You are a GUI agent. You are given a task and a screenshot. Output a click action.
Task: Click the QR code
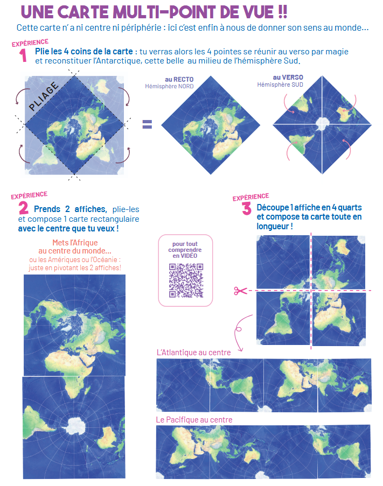[186, 280]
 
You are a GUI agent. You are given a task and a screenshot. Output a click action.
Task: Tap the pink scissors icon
[240, 291]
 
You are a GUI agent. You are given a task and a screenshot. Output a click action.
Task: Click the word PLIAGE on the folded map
[44, 96]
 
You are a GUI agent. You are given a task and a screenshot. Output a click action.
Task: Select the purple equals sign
[147, 124]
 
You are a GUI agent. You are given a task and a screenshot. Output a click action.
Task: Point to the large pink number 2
[23, 208]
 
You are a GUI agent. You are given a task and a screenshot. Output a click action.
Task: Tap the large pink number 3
[247, 208]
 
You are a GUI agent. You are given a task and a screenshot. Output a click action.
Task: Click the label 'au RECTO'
[179, 79]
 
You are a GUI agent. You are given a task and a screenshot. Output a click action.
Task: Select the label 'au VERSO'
[288, 77]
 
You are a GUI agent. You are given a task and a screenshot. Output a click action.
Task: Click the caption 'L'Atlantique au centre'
[194, 353]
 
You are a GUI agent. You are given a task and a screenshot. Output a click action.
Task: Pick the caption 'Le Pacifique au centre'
[194, 420]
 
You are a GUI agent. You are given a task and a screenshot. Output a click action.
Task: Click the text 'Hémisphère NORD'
[169, 86]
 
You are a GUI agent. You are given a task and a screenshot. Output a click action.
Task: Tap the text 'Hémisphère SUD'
[280, 84]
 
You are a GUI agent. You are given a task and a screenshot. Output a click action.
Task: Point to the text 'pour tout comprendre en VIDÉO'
[185, 250]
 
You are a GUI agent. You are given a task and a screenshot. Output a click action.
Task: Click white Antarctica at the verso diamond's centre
[322, 124]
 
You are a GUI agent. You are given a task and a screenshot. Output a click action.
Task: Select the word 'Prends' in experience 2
[47, 209]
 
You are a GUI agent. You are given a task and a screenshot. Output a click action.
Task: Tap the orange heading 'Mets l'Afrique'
[75, 243]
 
